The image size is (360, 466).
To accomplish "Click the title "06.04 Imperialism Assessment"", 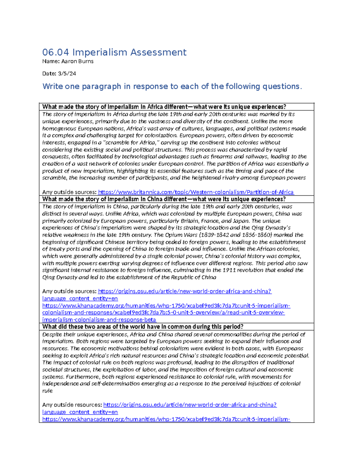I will [114, 52].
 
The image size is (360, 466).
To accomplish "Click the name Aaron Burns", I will [77, 62].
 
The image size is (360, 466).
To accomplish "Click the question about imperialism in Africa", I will [164, 107].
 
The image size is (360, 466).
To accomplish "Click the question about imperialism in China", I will [164, 199].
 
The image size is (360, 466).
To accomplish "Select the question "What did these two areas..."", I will [142, 327].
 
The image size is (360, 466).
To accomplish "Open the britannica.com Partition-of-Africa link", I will [196, 192].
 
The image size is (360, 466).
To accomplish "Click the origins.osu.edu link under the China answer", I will [184, 291].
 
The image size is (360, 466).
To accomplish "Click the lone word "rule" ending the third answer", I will [47, 391].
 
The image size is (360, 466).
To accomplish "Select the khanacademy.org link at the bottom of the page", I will [166, 419].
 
